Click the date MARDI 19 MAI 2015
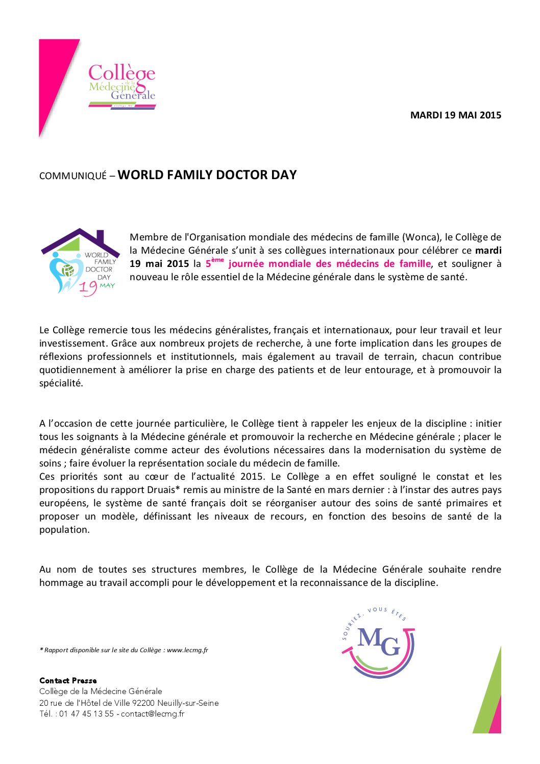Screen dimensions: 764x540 (x=455, y=115)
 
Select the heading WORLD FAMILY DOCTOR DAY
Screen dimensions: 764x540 (x=207, y=175)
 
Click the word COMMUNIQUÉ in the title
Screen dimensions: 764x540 (x=73, y=176)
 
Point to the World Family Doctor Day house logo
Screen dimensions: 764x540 (x=80, y=262)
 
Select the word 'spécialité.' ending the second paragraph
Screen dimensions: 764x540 (x=61, y=383)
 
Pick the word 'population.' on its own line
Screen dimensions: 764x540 (x=64, y=529)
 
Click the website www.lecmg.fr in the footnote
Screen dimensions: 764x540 (x=187, y=650)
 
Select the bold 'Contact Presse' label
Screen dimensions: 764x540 (x=68, y=680)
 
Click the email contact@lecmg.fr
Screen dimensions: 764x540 (x=153, y=713)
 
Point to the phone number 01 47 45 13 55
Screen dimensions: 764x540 (x=86, y=713)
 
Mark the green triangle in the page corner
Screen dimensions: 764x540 (x=487, y=699)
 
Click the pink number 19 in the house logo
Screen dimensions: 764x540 (x=87, y=288)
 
